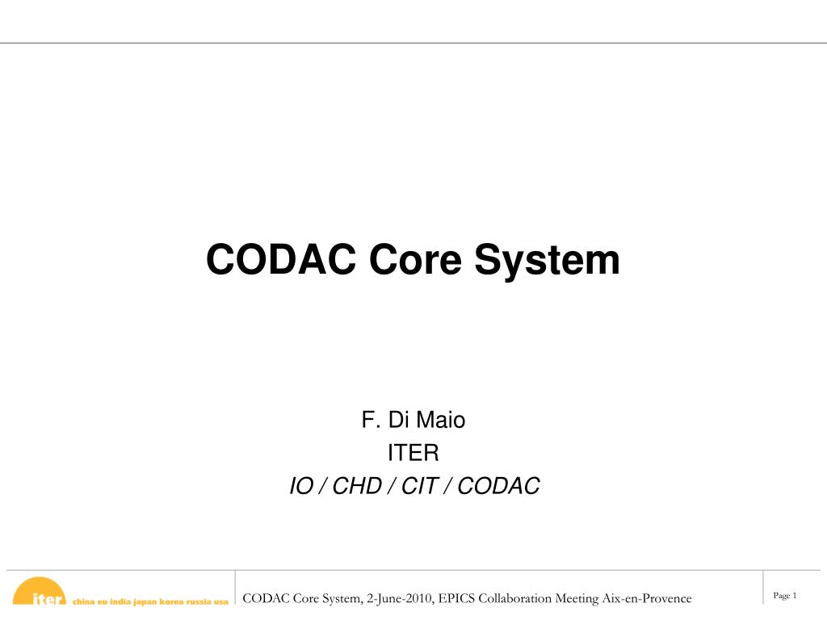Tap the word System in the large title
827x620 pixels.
coord(547,261)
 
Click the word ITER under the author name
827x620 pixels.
coord(413,453)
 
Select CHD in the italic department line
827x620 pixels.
coord(355,486)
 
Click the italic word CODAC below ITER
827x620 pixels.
coord(498,486)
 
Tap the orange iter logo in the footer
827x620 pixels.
coord(40,594)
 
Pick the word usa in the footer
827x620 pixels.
coord(221,601)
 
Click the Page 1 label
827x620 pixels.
coord(785,596)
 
